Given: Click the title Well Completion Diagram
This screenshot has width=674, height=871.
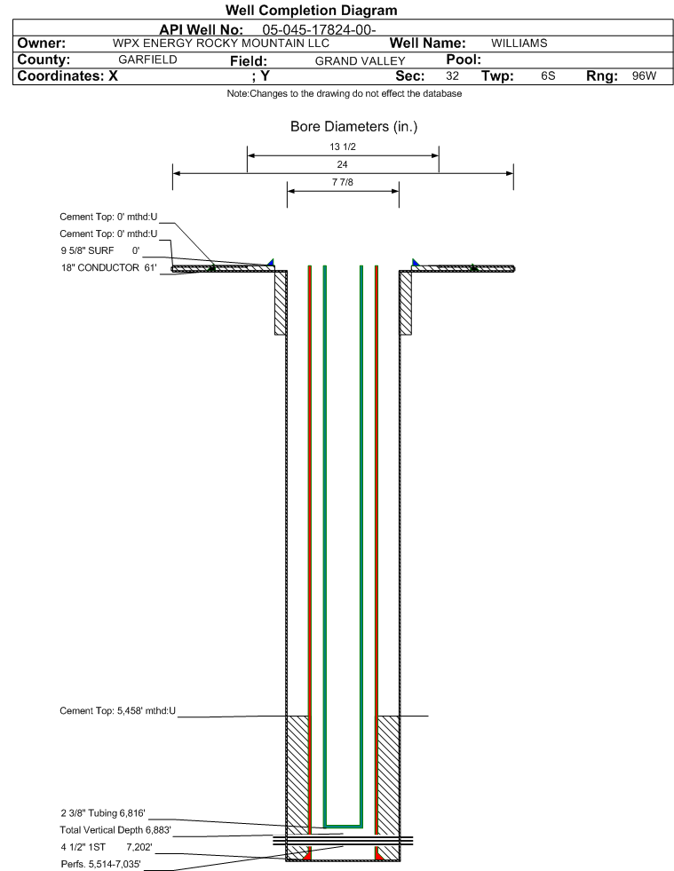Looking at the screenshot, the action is point(311,10).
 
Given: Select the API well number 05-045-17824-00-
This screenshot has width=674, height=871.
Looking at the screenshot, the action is point(319,29).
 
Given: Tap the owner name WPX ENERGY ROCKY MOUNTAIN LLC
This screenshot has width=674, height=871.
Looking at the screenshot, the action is point(220,44).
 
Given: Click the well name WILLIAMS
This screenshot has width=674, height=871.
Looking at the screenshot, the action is point(519,44).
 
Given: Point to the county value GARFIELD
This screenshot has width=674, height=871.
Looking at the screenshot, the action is point(147,59).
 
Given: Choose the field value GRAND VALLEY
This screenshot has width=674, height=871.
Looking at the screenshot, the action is point(360,61).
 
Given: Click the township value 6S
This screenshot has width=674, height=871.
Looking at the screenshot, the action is point(548,75).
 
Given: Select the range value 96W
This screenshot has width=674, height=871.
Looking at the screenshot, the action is point(644,75).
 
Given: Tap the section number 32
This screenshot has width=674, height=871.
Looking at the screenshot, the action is point(452,75).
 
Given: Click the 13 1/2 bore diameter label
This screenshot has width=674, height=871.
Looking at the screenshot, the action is point(342,146).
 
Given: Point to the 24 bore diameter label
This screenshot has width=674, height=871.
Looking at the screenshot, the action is point(342,164).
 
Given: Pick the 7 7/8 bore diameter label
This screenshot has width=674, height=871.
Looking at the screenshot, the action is point(342,182).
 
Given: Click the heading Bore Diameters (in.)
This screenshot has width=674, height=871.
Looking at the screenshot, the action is point(354,127).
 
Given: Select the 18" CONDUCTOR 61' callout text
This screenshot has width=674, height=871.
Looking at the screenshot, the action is point(109,268).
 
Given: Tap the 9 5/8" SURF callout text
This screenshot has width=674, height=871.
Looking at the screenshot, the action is point(87,250).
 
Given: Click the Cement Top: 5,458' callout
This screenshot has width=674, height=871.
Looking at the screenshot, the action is point(118,711).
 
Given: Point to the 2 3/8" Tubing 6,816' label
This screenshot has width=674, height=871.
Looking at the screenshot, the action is point(103,813).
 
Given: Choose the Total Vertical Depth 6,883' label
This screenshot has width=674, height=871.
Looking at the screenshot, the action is point(115,830).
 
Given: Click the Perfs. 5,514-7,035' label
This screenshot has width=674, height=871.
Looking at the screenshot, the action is point(100,864).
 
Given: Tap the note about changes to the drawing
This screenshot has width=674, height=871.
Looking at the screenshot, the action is point(345,93).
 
